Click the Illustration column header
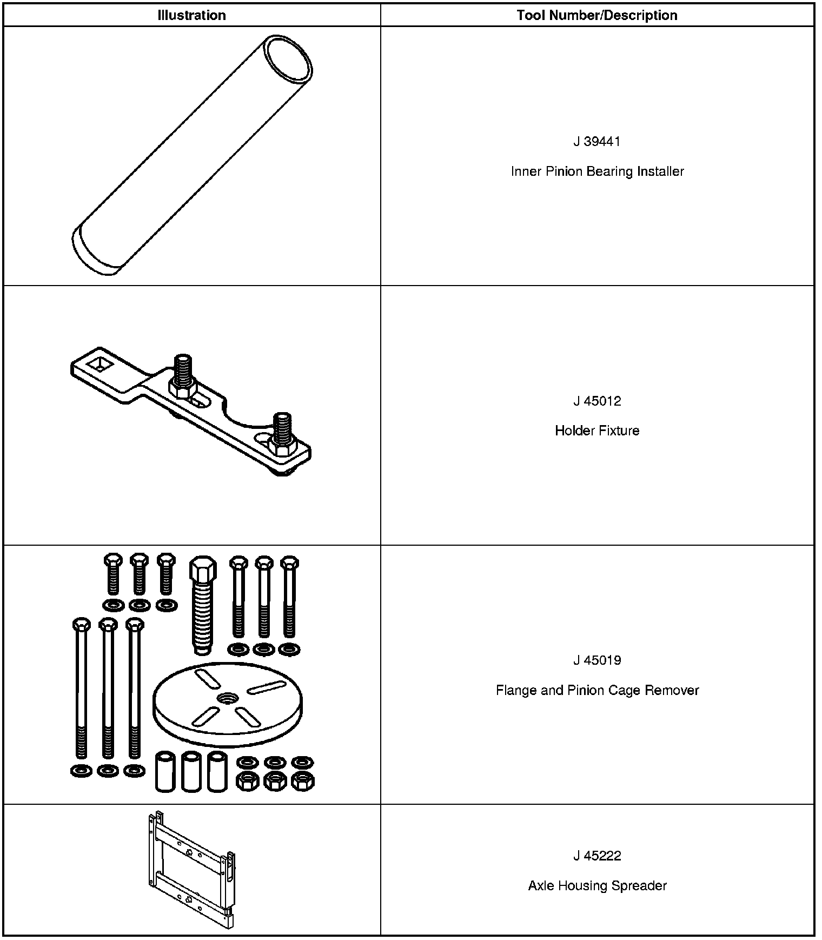click(x=191, y=15)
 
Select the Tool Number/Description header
click(x=596, y=15)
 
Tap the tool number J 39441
click(x=597, y=142)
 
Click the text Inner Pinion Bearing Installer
click(x=597, y=171)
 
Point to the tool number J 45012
click(x=597, y=401)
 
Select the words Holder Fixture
click(x=597, y=431)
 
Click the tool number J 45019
click(x=597, y=660)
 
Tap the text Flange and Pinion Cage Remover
click(x=597, y=691)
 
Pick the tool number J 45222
click(x=597, y=856)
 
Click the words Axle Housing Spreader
click(x=597, y=886)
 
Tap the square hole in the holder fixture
click(x=100, y=365)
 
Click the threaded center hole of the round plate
click(x=227, y=698)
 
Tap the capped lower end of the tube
click(x=95, y=253)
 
